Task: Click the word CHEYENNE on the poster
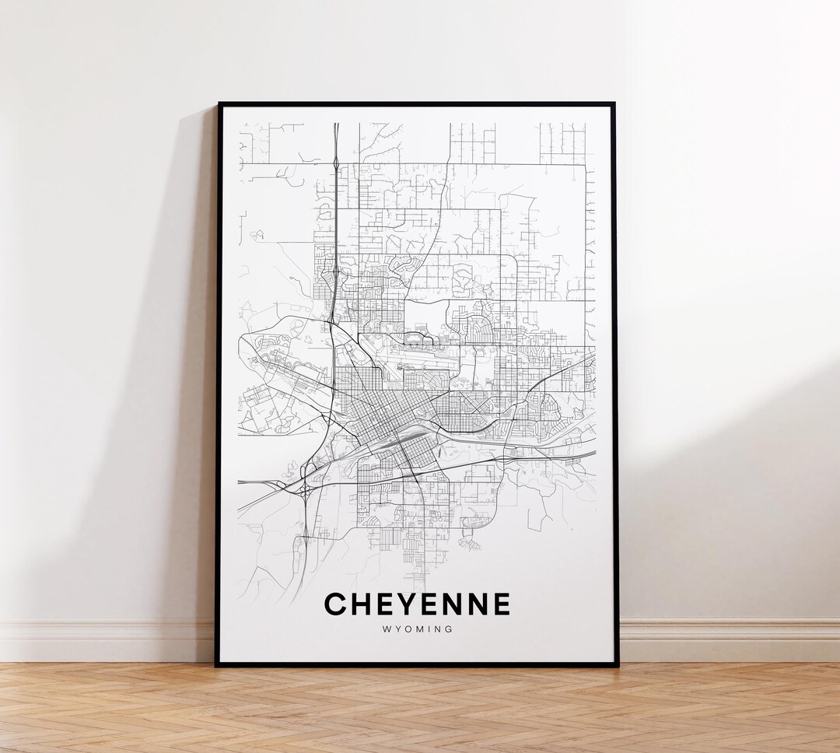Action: point(417,604)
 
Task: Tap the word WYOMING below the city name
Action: point(417,629)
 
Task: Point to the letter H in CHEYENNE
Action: point(361,604)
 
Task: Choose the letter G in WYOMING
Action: point(449,629)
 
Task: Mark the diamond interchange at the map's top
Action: point(335,164)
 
